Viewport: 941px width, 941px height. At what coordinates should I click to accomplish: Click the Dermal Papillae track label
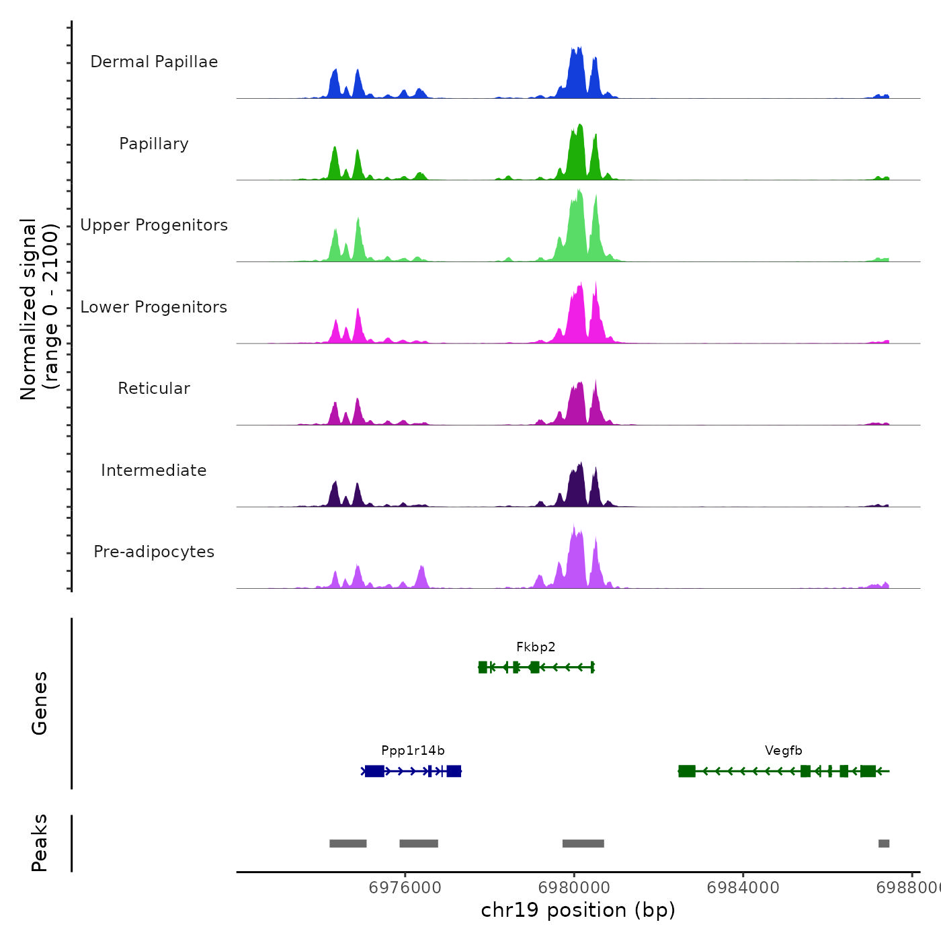[x=154, y=62]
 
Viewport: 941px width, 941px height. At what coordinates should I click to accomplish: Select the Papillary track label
[x=154, y=144]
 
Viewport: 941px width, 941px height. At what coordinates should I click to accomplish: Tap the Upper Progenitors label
[x=154, y=225]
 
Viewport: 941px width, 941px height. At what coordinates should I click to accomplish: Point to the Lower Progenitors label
[x=154, y=307]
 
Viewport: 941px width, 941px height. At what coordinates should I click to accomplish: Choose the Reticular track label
[x=154, y=388]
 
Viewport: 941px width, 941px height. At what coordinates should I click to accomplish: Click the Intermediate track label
[x=154, y=470]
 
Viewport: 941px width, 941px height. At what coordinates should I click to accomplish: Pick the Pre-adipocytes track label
[x=154, y=552]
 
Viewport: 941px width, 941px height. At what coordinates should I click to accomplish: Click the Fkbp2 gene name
[x=536, y=647]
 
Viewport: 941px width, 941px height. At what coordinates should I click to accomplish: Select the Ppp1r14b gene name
[x=413, y=751]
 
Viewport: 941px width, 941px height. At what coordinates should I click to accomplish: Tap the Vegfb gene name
[x=783, y=751]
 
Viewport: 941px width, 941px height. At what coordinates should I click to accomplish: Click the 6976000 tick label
[x=405, y=888]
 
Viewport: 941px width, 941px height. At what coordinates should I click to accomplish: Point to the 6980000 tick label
[x=575, y=888]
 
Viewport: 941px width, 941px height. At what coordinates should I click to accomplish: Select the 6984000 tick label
[x=743, y=888]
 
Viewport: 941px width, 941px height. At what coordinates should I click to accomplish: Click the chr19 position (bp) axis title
[x=578, y=910]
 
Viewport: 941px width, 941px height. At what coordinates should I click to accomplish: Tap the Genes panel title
[x=40, y=703]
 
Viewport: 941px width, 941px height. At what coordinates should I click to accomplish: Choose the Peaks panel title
[x=40, y=843]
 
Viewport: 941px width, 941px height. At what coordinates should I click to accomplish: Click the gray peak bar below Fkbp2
[x=583, y=844]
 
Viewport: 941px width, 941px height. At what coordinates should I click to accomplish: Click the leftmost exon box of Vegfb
[x=687, y=771]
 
